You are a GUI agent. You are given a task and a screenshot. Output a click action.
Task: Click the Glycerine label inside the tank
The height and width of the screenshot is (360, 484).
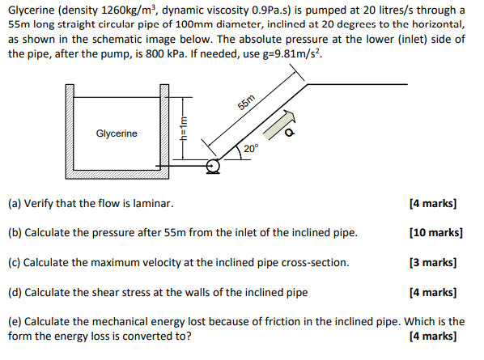(x=117, y=133)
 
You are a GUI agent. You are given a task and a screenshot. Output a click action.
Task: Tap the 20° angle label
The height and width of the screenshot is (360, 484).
(x=251, y=149)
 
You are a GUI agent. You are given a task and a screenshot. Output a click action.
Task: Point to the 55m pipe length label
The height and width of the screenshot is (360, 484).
(x=247, y=103)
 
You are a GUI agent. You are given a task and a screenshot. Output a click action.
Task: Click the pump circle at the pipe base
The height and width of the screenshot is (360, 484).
(x=213, y=167)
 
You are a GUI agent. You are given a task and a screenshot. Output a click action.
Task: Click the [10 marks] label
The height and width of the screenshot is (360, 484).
(x=436, y=233)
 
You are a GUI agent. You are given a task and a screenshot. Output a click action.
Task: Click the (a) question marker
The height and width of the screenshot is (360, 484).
(x=15, y=204)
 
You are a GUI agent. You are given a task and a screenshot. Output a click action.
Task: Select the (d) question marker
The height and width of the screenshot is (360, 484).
(x=15, y=292)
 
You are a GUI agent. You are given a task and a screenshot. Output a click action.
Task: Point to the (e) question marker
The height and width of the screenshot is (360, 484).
(x=15, y=321)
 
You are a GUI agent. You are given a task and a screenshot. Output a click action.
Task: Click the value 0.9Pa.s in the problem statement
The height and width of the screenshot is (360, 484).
(x=279, y=11)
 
